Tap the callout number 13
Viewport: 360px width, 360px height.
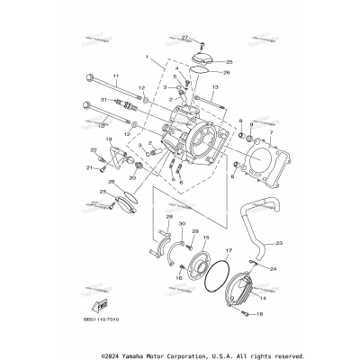(x=216, y=88)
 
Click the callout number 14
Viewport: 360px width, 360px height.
(x=263, y=294)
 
